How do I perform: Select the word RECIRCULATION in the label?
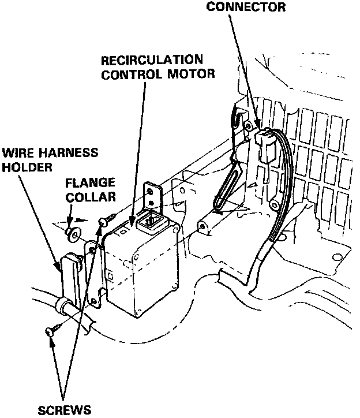click(152, 60)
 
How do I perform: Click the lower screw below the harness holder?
click(50, 331)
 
